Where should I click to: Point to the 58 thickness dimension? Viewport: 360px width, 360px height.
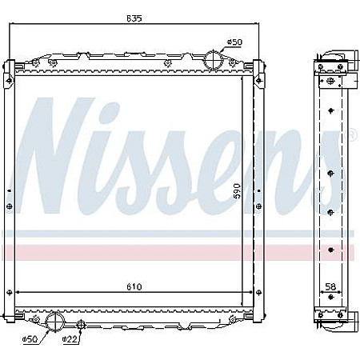click(331, 286)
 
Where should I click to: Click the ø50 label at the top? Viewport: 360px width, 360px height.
click(234, 41)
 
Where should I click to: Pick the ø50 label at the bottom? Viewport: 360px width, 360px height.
click(30, 339)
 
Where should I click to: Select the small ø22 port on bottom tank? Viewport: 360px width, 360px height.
click(80, 324)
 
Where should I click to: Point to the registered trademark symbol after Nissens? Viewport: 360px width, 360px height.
click(351, 135)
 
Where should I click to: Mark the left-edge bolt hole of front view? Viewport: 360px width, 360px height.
click(9, 206)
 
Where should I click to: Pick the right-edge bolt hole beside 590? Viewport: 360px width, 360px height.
click(257, 206)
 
